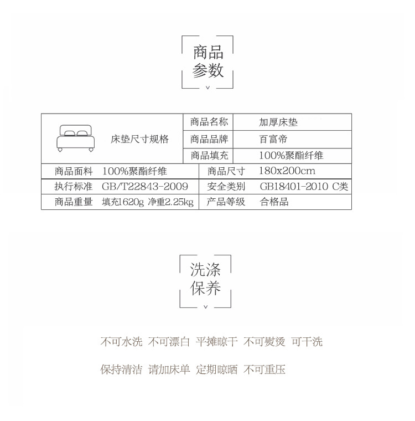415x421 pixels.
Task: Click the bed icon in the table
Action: point(76,138)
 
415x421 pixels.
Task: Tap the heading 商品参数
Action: point(208,61)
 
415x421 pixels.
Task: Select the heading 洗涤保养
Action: point(205,279)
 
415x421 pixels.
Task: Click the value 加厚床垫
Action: point(278,122)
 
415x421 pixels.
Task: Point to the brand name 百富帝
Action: point(273,139)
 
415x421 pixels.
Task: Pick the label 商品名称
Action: point(209,122)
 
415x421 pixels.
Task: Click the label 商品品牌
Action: point(209,139)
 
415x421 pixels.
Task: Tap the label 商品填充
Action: point(209,155)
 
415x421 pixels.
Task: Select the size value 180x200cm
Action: point(287,171)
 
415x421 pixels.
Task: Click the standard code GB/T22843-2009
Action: point(145,186)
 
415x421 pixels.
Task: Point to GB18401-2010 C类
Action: point(304,186)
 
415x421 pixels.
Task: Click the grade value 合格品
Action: point(274,202)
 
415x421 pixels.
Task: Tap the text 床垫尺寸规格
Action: point(139,139)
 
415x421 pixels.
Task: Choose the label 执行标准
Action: point(74,186)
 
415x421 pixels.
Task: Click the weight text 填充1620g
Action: point(123,202)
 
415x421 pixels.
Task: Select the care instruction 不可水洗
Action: point(121,342)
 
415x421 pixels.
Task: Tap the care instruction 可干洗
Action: point(307,342)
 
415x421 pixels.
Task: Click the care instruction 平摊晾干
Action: point(217,342)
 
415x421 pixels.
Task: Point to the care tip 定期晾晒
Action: point(217,369)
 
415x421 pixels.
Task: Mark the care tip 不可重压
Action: point(264,369)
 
